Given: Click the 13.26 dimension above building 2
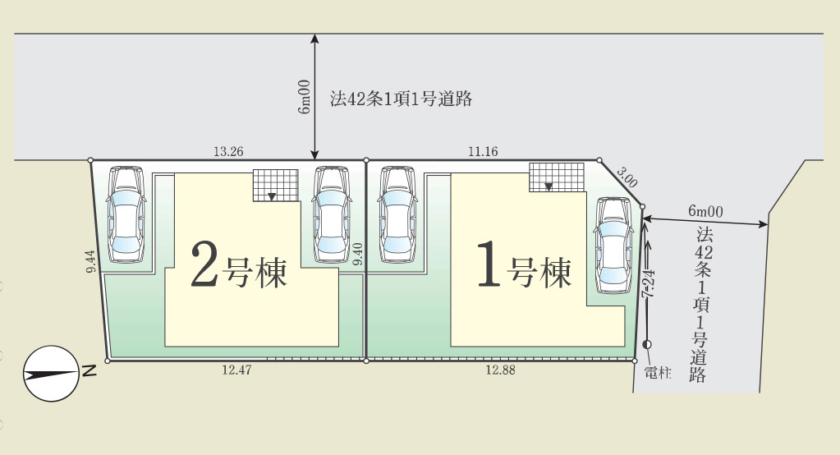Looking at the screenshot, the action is (x=228, y=152).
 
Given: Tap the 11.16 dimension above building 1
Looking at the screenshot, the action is (x=483, y=152).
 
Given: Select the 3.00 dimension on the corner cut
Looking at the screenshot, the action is (x=627, y=177).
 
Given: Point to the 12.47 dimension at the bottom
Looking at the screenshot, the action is (x=236, y=370).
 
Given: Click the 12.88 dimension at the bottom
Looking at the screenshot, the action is (x=500, y=370).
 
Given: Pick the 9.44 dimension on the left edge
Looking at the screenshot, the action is (x=90, y=261).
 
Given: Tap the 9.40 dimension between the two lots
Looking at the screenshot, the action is (x=358, y=254).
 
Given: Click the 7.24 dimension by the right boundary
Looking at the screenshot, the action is (x=649, y=283).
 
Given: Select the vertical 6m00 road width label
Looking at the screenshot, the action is (x=304, y=96).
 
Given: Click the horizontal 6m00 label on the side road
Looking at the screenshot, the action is (x=705, y=210).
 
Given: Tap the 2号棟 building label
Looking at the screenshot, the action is (x=239, y=264).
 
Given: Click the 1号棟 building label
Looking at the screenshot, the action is (x=525, y=264).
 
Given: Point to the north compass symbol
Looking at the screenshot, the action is (x=52, y=374).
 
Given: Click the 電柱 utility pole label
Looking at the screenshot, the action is (x=658, y=373).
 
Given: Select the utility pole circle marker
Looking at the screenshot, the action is (x=647, y=345).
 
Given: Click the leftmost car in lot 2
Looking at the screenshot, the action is (x=126, y=214).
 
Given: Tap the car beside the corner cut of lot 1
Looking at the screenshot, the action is (x=613, y=246).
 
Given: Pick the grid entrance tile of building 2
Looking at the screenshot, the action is (x=275, y=186).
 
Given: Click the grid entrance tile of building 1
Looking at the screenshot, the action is (x=557, y=177).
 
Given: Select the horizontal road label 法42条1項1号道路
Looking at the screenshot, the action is (x=401, y=99).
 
